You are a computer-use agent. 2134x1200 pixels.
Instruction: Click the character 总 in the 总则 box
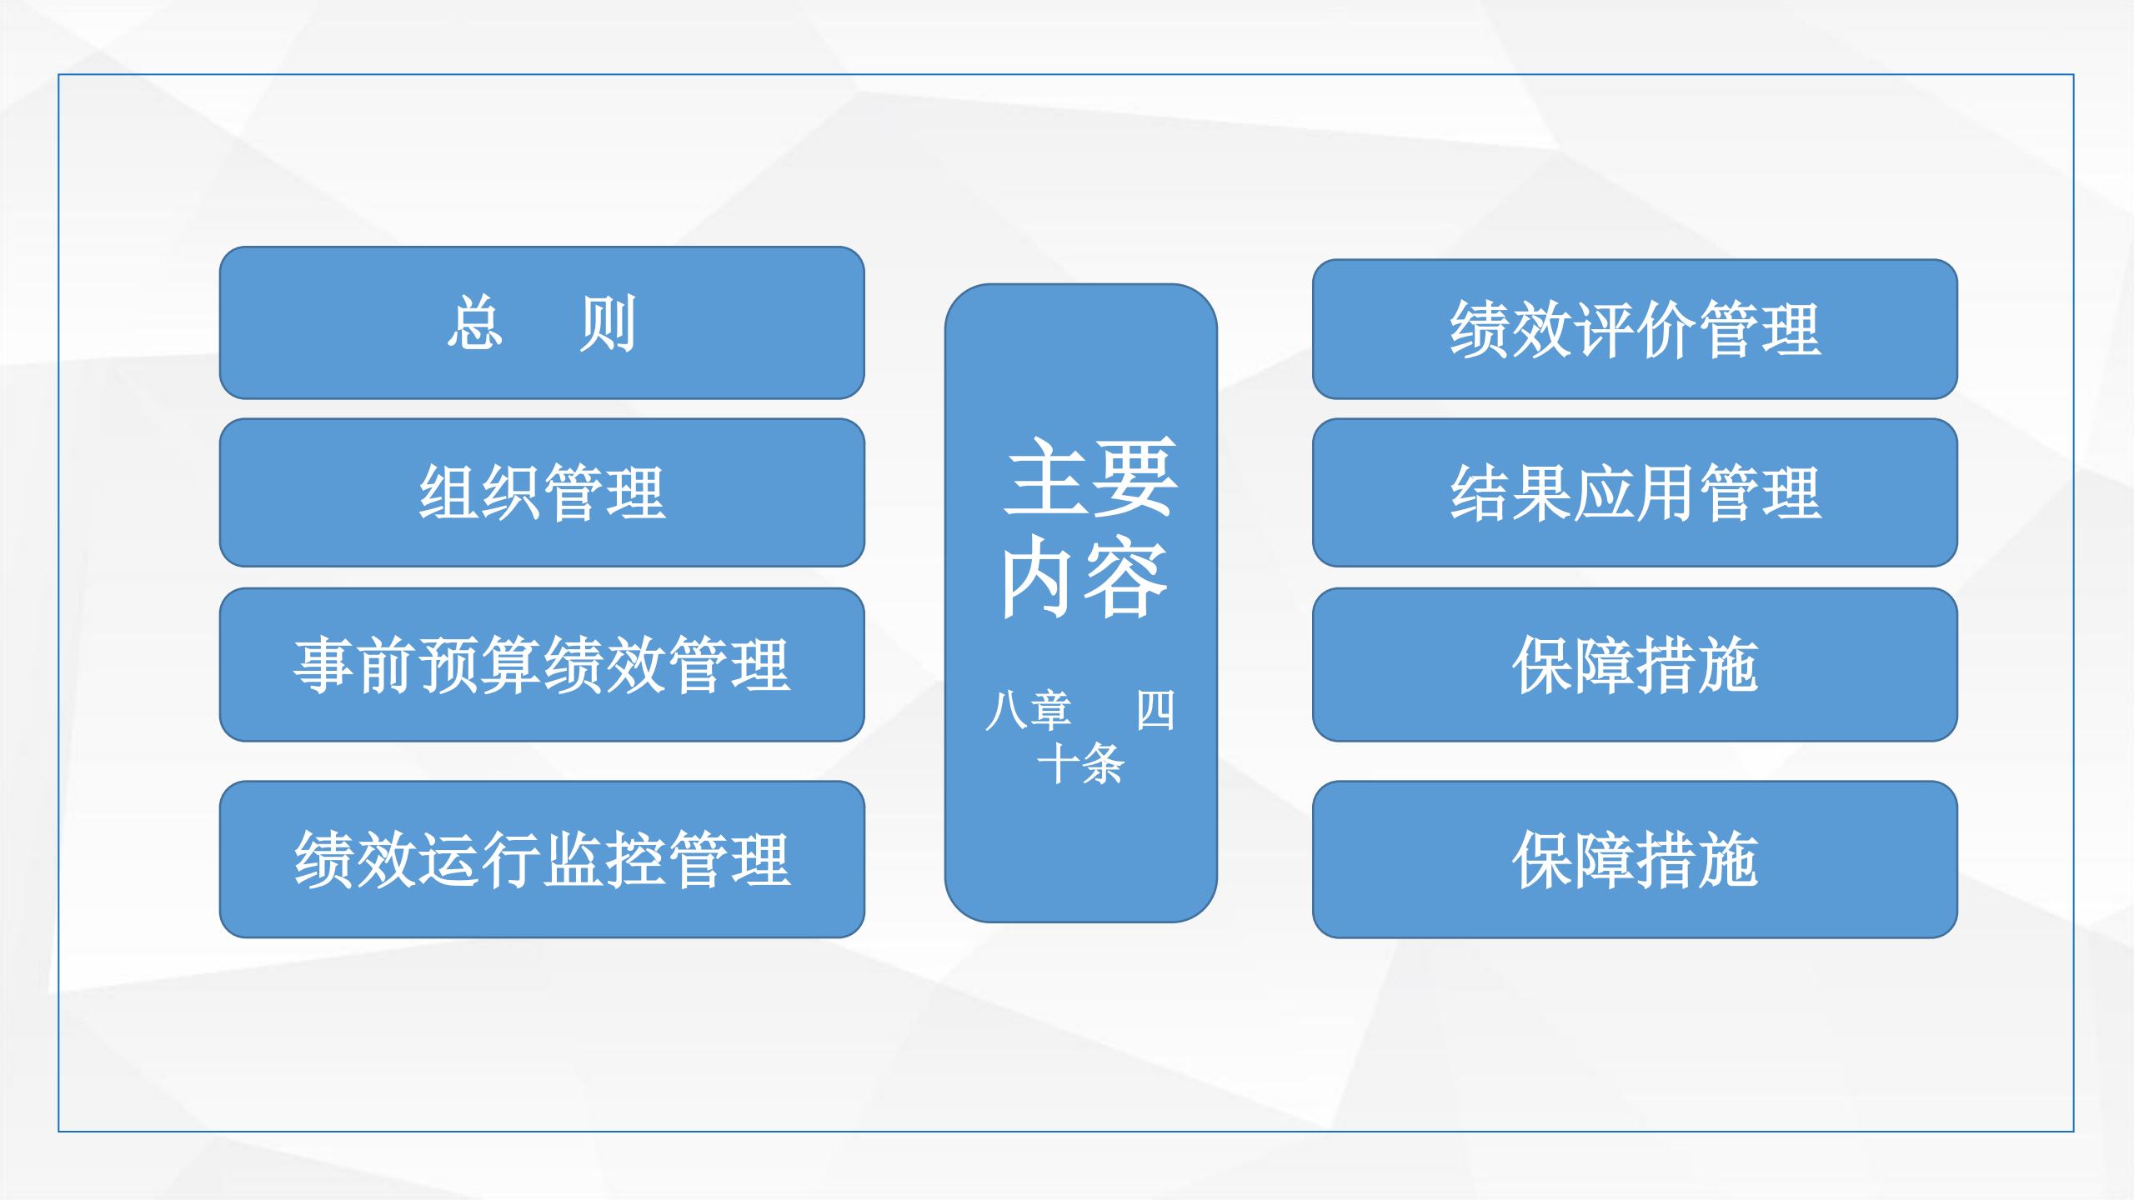[475, 323]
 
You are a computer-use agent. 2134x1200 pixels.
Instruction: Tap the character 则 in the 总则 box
[609, 323]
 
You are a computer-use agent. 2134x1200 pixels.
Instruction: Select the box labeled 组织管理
[542, 492]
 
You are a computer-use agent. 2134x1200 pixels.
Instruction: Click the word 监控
[604, 860]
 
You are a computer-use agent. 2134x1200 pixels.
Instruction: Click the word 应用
[1635, 493]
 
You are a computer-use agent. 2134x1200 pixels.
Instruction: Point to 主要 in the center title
[1090, 477]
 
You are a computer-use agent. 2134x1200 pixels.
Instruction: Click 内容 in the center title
[1084, 577]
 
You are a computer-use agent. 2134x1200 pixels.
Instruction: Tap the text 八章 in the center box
[1028, 710]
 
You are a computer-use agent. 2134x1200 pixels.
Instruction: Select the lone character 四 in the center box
[1155, 710]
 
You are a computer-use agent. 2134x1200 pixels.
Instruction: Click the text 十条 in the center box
[1080, 763]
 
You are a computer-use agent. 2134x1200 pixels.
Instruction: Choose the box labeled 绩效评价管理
[1635, 329]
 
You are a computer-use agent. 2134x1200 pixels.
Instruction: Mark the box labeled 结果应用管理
[1635, 492]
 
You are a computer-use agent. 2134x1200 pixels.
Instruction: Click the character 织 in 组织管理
[511, 493]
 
